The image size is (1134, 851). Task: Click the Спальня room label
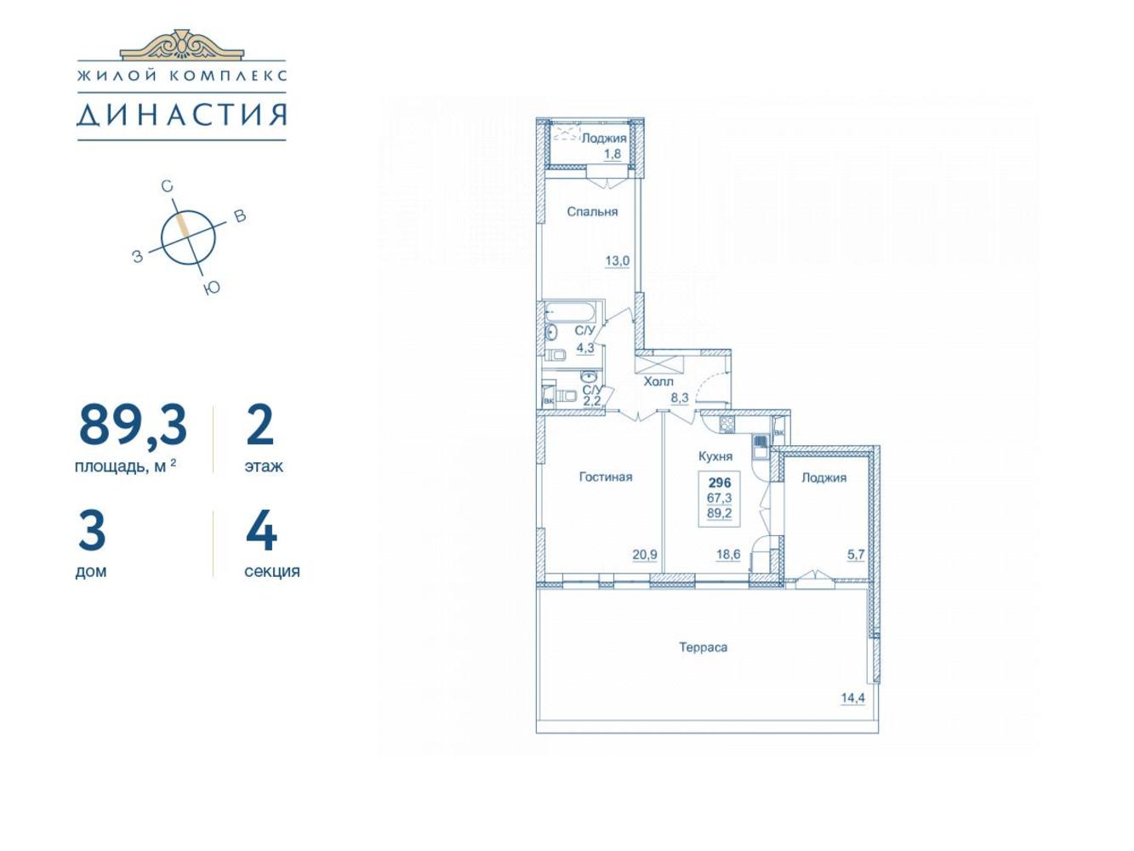tap(592, 212)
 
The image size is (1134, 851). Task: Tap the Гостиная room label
tap(606, 477)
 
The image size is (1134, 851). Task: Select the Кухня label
tap(715, 456)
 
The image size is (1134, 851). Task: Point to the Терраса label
tap(704, 647)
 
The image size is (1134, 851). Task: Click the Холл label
tap(658, 382)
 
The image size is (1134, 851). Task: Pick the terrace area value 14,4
tap(853, 699)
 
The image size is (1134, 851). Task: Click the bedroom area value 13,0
tap(618, 261)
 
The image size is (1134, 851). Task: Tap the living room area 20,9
tap(645, 555)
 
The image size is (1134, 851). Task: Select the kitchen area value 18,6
tap(728, 555)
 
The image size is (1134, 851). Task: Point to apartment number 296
tap(720, 483)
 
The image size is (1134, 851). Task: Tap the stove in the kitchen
tap(727, 425)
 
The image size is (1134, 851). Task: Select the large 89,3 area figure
tap(133, 425)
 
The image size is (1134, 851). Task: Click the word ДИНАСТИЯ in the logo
tap(181, 115)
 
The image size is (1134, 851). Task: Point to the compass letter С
tap(167, 186)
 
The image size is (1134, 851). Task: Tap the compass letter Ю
tap(211, 288)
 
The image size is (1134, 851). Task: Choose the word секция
tap(271, 572)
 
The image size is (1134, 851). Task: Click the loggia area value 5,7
tap(856, 555)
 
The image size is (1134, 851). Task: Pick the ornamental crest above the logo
tap(181, 44)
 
